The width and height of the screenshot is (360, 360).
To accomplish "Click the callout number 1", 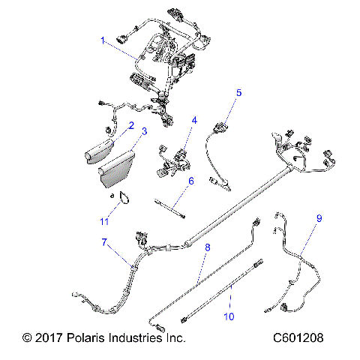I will coord(103,40).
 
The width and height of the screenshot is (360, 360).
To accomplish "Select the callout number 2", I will coord(130,126).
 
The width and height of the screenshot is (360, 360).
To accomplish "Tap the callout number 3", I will coord(144,132).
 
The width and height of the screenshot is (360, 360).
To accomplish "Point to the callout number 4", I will coord(193,120).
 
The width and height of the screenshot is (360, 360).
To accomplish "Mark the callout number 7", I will coord(105,241).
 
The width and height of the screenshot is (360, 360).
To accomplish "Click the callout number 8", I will coord(207,247).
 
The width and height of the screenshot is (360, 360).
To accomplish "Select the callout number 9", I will coord(319,218).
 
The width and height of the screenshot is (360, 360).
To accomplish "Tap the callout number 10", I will coord(229,316).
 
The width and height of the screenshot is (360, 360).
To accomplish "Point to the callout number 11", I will coord(105,221).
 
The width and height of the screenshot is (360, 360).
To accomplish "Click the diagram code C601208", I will coord(298,338).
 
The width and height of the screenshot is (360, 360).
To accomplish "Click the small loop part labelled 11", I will coord(124,198).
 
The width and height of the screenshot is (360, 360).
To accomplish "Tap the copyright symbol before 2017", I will coord(28,338).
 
